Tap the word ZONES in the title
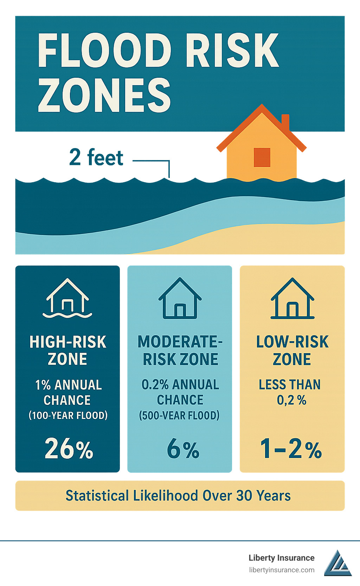(x=104, y=95)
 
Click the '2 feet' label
(x=96, y=157)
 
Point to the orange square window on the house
(x=262, y=157)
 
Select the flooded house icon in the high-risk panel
(x=67, y=298)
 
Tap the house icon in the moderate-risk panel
(x=180, y=298)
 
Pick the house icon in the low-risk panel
(x=292, y=298)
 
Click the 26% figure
(x=69, y=449)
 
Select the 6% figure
(x=183, y=449)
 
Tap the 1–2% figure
(x=291, y=449)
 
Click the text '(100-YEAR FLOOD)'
(x=68, y=415)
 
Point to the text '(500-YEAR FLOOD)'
(x=179, y=415)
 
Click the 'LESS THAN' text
(x=290, y=384)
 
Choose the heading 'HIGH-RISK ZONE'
(x=68, y=350)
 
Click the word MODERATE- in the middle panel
(x=180, y=342)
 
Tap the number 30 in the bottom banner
(x=244, y=496)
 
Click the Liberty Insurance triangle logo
(x=337, y=563)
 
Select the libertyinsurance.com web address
(x=282, y=570)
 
